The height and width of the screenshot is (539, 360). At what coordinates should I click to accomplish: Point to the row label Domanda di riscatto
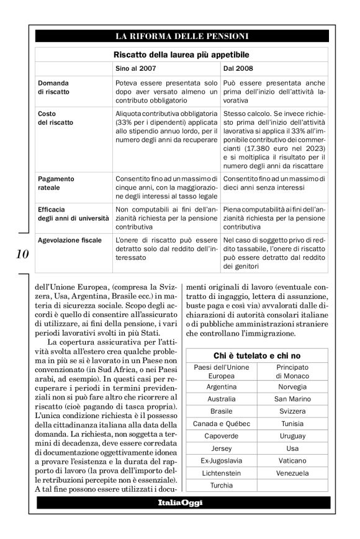pos(54,87)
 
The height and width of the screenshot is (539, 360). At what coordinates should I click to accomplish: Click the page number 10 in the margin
pos(21,254)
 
